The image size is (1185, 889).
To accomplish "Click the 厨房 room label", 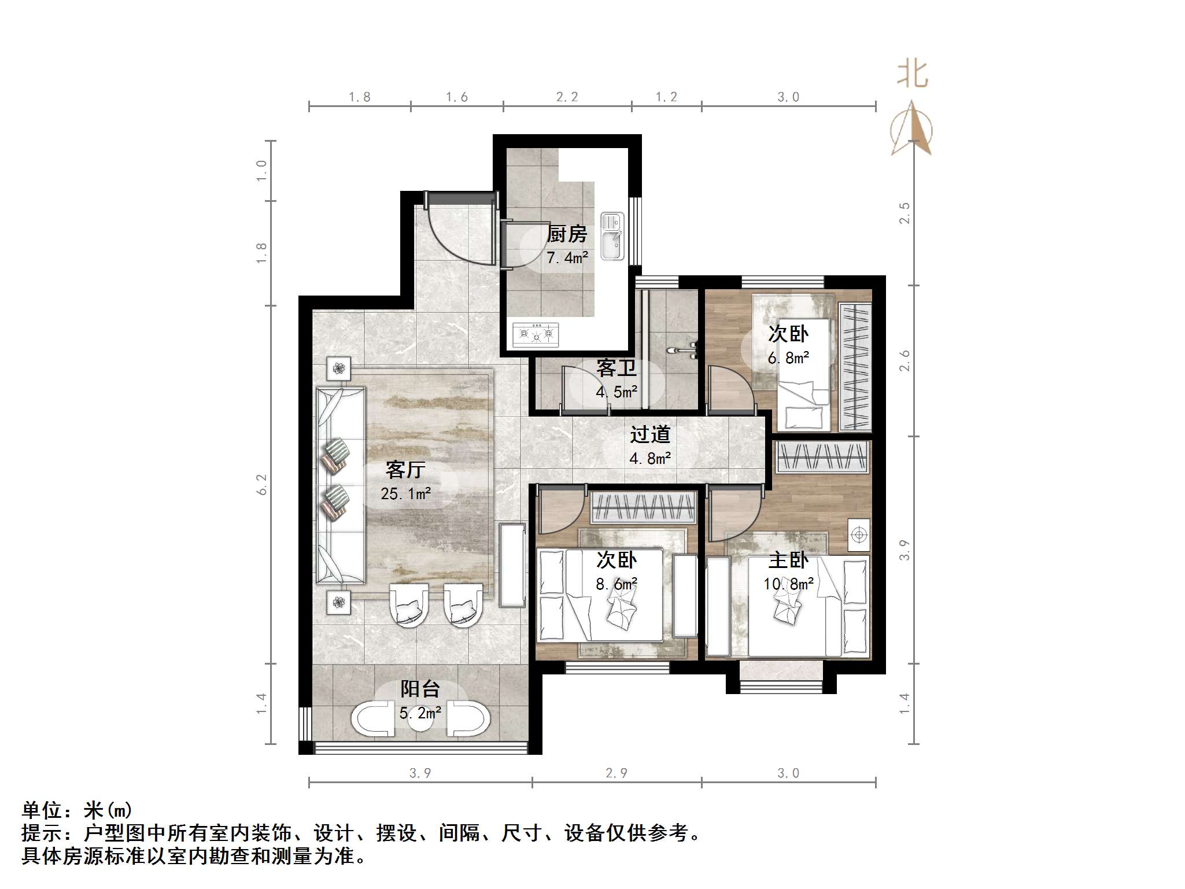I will point(567,234).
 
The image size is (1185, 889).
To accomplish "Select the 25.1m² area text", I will point(406,493).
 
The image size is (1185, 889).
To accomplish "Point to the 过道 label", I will point(650,435).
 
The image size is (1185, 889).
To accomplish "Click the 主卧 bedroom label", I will point(788,560).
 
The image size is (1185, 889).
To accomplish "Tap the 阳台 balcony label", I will point(420,689).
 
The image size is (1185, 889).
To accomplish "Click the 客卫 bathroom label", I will point(617,368).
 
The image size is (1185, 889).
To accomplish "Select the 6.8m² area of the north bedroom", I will point(788,358).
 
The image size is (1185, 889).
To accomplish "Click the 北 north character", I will point(913,74).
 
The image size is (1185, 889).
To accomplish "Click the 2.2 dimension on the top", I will point(567,97).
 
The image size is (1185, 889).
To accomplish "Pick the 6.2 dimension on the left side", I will point(262,484).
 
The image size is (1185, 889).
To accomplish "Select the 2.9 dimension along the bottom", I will point(617,773).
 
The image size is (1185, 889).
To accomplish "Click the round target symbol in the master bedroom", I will point(859,535).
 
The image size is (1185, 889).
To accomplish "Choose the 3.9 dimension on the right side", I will point(905,549).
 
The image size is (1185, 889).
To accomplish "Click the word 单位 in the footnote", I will point(42,810).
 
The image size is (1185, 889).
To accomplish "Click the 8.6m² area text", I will point(617,584).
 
